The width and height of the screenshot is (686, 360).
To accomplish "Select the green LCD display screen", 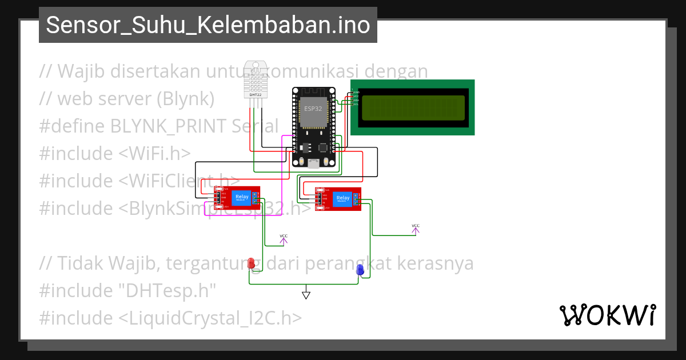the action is coord(413,107).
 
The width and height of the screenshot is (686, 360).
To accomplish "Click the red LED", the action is coord(252,263).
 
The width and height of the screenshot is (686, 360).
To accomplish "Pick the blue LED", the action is coord(360,270).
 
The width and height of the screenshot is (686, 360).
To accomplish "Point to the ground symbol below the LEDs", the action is coord(306,295).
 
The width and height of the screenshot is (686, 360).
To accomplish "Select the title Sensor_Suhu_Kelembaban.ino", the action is coord(208,25).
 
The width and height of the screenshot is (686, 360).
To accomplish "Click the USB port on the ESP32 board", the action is coord(313,164).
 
